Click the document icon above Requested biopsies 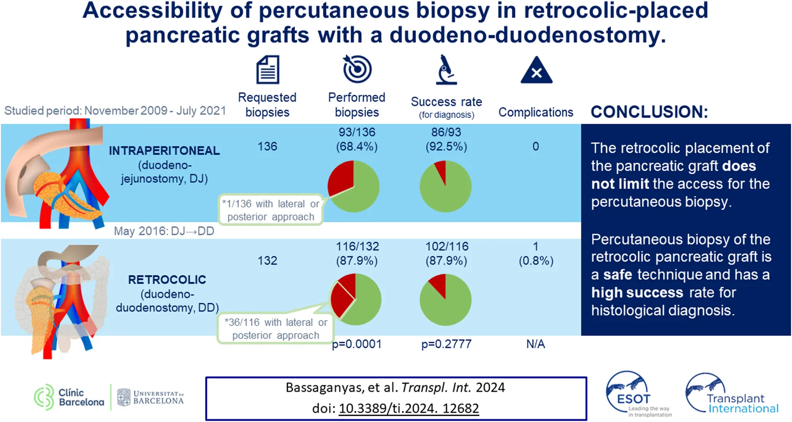pos(268,69)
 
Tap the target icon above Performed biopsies pos(357,69)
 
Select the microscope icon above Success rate pos(446,70)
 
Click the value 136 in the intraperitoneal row pos(267,147)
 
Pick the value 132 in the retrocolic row pos(267,261)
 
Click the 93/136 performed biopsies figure pos(357,132)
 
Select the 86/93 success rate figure pos(446,132)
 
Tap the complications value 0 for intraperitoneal pos(535,147)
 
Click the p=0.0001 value pos(357,344)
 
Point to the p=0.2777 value pos(446,344)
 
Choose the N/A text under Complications pos(535,344)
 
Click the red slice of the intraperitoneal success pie pos(441,170)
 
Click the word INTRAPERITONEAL pos(164,151)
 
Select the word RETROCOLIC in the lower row pos(167,280)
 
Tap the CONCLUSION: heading pos(649,112)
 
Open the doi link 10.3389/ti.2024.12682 pos(409,408)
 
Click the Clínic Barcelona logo pos(69,397)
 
